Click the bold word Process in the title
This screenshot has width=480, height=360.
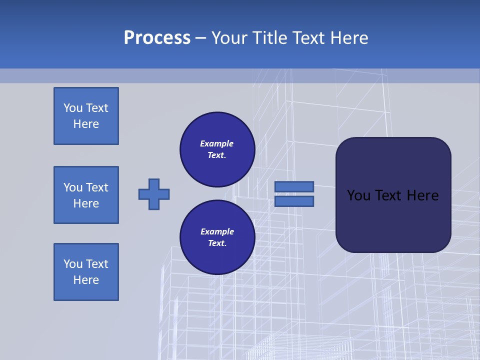[157, 38]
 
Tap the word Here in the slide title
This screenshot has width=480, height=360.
[348, 38]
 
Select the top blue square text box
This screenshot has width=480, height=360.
[86, 116]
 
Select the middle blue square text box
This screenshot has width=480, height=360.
[86, 195]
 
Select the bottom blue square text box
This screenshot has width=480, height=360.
[86, 272]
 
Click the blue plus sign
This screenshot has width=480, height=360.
[154, 194]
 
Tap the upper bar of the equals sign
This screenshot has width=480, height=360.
[294, 186]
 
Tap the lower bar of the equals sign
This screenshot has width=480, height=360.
[294, 201]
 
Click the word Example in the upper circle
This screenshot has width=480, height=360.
[216, 143]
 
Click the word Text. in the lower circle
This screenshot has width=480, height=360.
[217, 243]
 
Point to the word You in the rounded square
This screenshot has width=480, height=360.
[358, 195]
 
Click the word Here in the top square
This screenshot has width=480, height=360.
[86, 124]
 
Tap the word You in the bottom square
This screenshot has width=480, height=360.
[73, 264]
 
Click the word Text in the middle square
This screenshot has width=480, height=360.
[97, 187]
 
